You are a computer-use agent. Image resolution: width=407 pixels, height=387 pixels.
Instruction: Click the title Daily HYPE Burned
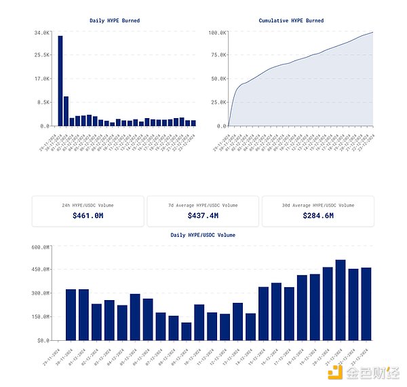[x=115, y=20]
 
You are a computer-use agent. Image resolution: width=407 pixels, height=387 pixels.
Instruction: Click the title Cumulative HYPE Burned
[x=291, y=20]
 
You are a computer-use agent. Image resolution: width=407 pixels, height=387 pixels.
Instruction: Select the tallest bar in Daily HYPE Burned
[x=60, y=80]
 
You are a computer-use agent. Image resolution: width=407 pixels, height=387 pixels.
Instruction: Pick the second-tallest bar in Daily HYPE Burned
[x=66, y=111]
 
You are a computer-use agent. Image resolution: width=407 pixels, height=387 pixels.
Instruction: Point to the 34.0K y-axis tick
[x=41, y=32]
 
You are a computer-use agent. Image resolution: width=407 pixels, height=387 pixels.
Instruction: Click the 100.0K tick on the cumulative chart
[x=217, y=32]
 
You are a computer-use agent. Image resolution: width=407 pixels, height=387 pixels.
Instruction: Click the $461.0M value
[x=88, y=215]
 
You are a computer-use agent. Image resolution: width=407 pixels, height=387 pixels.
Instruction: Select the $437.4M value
[x=203, y=215]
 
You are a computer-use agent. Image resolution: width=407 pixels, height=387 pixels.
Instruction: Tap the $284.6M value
[x=317, y=215]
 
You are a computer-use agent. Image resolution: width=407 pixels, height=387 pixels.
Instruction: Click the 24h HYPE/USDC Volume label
[x=88, y=204]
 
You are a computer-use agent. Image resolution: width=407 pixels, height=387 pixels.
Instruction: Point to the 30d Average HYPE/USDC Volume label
[x=317, y=204]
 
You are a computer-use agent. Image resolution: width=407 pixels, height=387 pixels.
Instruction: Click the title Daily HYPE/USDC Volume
[x=203, y=235]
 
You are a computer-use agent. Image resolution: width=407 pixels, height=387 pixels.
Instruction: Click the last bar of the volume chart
[x=366, y=304]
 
